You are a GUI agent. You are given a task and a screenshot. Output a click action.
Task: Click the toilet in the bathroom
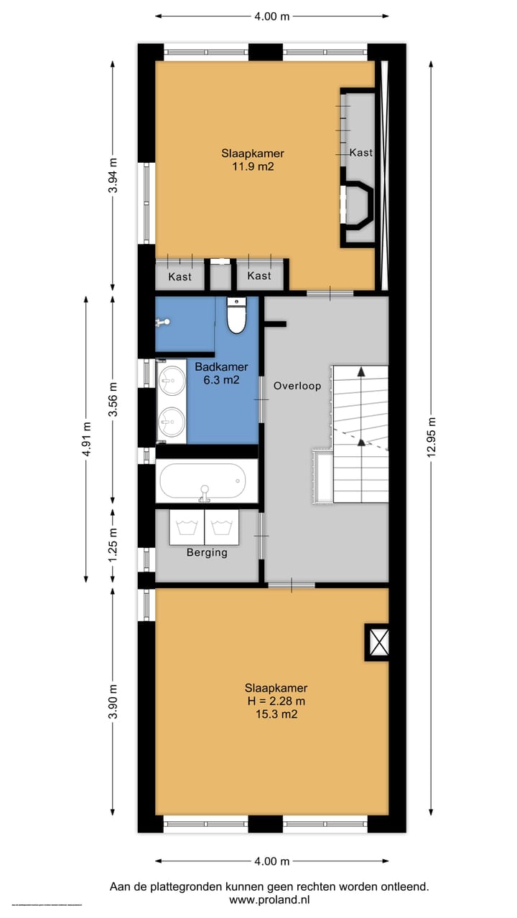236,316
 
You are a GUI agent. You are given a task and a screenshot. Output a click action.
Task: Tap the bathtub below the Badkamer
208,481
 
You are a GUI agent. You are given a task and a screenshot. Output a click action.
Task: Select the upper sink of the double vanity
172,380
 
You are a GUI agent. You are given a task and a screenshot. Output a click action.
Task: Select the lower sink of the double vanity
172,422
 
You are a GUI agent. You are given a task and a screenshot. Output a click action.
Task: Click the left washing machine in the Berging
187,526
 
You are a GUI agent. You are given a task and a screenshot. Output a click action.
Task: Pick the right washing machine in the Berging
221,526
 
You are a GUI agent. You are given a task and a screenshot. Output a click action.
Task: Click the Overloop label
297,386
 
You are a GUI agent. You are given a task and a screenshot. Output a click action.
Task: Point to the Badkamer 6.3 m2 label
221,374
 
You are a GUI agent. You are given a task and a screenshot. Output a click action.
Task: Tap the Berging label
207,552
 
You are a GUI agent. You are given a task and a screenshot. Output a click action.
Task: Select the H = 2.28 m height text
276,701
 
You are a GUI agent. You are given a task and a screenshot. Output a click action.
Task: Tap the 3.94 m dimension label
112,174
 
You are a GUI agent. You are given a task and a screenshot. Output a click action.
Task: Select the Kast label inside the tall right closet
361,153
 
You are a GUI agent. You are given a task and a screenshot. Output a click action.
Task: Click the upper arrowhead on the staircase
361,372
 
